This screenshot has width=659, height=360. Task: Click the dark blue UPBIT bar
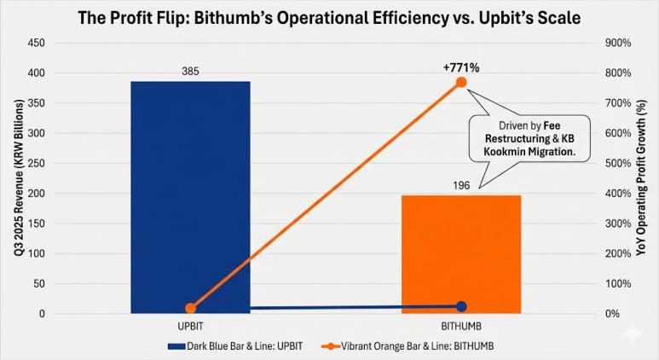tap(190, 197)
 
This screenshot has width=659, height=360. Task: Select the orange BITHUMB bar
tap(461, 254)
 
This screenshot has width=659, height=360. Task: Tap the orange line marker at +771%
tap(461, 82)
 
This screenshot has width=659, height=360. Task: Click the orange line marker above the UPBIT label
tap(190, 308)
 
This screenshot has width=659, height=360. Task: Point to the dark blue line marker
tap(461, 306)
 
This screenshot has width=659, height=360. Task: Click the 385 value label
tap(190, 72)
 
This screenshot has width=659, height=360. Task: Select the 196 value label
tap(461, 185)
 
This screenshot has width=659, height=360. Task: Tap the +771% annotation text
tap(461, 67)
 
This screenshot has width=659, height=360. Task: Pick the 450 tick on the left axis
tap(36, 43)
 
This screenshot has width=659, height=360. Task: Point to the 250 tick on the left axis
tap(36, 163)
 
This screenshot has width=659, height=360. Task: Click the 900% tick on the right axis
tap(618, 43)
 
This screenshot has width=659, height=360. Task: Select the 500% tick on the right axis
tap(618, 163)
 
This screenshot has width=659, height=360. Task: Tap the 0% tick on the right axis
tap(612, 314)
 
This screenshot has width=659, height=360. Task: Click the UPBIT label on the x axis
tap(190, 327)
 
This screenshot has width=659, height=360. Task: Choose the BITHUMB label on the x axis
tap(461, 327)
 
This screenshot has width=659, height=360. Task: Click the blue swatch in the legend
tap(176, 346)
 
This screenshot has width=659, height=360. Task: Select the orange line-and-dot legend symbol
tap(330, 346)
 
